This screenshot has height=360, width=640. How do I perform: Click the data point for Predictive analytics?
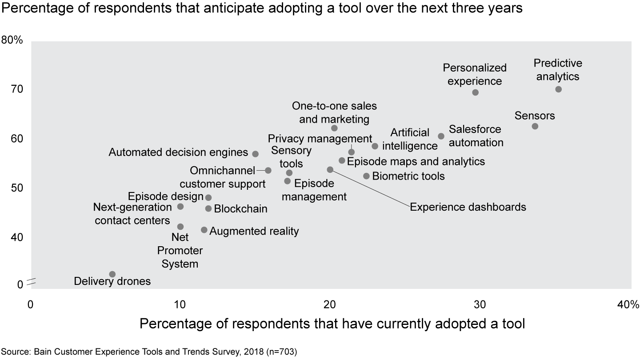coord(558,89)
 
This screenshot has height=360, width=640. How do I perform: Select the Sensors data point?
coord(535,126)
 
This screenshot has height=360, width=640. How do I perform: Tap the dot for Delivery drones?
coord(112,274)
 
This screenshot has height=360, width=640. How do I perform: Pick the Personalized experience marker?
coord(475,92)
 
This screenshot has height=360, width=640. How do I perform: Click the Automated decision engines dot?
coord(256,154)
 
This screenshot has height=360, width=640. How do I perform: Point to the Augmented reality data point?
coord(204,230)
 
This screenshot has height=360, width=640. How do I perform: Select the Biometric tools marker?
coord(366,176)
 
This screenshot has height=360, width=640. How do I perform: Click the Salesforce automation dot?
coord(441,136)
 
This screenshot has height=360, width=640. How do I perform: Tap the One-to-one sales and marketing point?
coord(334,128)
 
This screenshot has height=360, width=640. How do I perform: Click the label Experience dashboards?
coord(468,207)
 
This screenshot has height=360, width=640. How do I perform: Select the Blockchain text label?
coord(240,208)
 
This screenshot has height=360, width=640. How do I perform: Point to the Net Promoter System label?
coord(180,251)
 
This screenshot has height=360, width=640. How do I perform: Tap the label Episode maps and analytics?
coord(416,161)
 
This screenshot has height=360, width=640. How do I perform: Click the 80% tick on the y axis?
coord(12,40)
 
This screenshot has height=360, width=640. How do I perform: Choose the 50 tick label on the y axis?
coord(16,188)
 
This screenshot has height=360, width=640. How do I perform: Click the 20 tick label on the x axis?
coord(329,305)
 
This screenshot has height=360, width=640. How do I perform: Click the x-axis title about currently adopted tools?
coord(332,324)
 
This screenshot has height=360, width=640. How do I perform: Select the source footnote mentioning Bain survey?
coord(149,352)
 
